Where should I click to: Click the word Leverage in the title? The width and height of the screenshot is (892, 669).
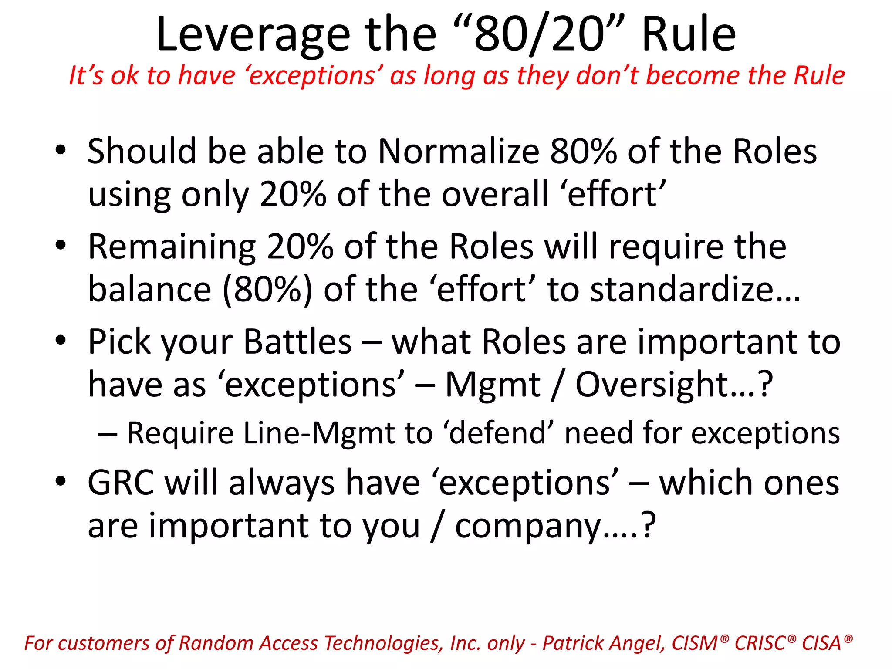pos(253,35)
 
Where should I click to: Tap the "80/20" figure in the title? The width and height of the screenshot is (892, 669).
pos(539,35)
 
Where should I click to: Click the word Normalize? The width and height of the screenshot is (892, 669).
pos(459,152)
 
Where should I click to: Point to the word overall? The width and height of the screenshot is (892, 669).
pos(495,194)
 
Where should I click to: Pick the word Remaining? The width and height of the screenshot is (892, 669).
pos(172,247)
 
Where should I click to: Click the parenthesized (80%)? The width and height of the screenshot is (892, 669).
pos(267,290)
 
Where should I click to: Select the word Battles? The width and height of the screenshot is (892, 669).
pos(297,342)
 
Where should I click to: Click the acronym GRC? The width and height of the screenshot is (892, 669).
pos(121,483)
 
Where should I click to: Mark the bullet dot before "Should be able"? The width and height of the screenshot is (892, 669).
pos(61,150)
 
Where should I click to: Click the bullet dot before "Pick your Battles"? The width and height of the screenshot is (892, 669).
pos(61,340)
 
